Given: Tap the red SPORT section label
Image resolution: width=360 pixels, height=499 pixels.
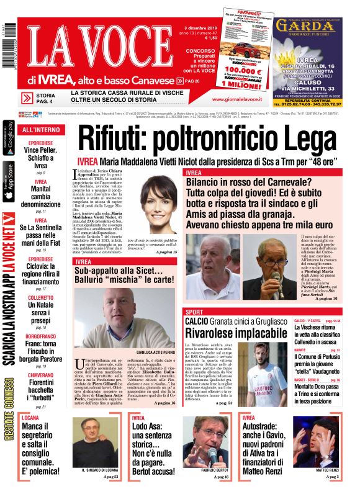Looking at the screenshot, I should (194, 311).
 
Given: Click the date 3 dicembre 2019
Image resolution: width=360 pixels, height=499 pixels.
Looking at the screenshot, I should (200, 29).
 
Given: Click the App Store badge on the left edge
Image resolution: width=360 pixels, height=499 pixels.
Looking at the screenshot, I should (8, 181).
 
